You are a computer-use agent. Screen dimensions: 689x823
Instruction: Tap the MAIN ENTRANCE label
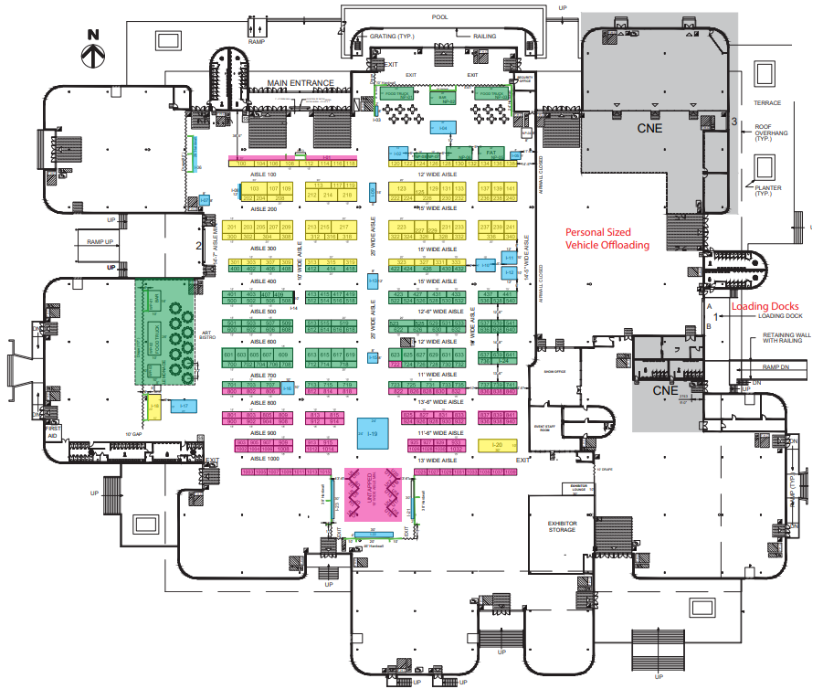pos(300,83)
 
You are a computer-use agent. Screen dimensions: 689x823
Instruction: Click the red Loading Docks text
pos(765,306)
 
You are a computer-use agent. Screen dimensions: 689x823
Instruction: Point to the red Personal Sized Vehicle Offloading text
pos(607,238)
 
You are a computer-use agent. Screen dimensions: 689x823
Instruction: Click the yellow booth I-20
pos(497,445)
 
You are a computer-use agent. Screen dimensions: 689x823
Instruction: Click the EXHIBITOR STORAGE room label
pos(562,526)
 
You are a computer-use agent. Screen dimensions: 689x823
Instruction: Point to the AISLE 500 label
pos(264,311)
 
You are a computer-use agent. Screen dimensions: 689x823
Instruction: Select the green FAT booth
pos(491,152)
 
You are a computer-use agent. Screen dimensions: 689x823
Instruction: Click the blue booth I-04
pos(443,129)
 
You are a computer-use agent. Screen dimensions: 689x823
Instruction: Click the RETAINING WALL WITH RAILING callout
pos(783,340)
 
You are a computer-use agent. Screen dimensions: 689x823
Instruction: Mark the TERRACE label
pos(768,102)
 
